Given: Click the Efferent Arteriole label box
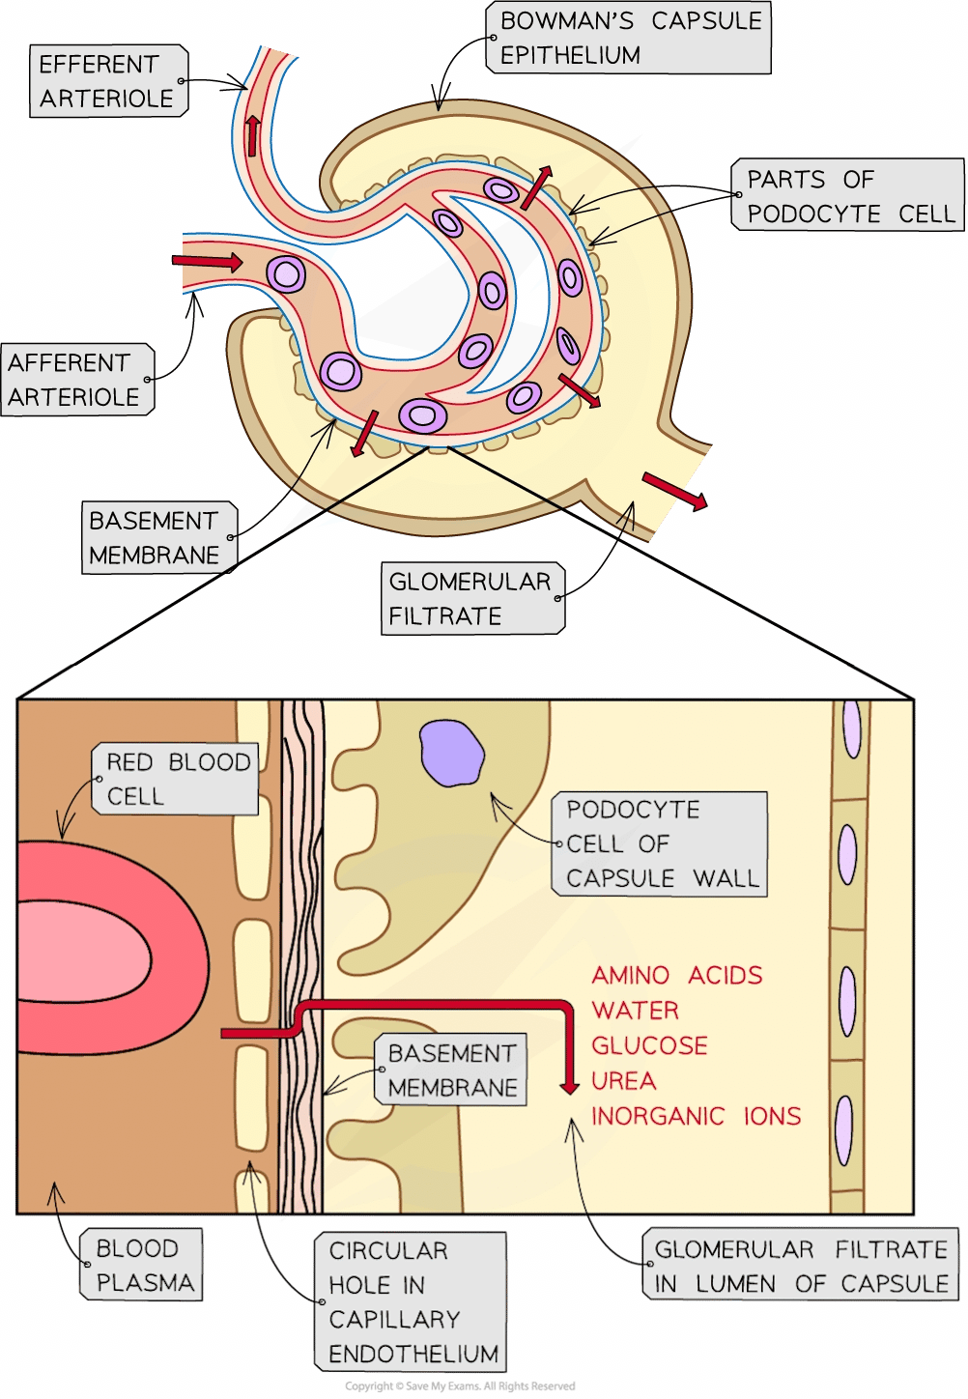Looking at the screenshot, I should pyautogui.click(x=107, y=82).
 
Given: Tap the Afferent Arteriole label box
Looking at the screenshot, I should pyautogui.click(x=76, y=380).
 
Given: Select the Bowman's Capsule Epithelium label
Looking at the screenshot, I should pyautogui.click(x=631, y=38).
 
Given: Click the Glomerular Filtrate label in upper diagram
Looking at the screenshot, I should pyautogui.click(x=471, y=599).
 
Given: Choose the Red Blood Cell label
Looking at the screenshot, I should pyautogui.click(x=177, y=779).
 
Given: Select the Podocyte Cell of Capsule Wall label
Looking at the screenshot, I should pyautogui.click(x=662, y=843).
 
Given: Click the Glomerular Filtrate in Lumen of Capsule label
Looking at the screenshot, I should pyautogui.click(x=800, y=1267).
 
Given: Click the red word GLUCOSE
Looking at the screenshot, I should pyautogui.click(x=649, y=1045).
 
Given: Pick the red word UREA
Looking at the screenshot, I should pyautogui.click(x=623, y=1080).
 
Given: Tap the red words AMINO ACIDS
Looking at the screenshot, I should pyautogui.click(x=676, y=975).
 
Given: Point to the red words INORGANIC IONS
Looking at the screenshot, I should pyautogui.click(x=696, y=1116).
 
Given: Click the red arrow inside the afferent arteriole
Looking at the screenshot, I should pyautogui.click(x=207, y=261).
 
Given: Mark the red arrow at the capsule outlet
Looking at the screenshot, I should pyautogui.click(x=673, y=490).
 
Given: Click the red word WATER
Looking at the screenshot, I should pyautogui.click(x=635, y=1011).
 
